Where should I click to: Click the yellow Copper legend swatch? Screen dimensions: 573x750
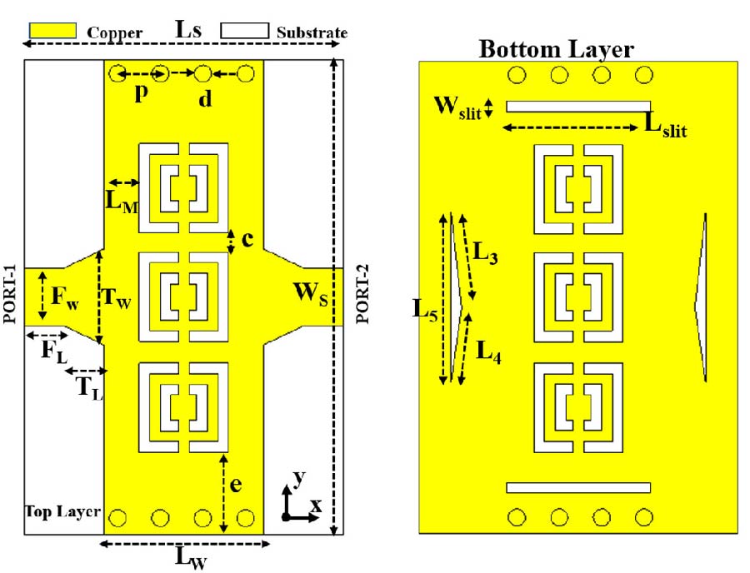pos(55,31)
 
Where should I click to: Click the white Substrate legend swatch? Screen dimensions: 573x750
pos(244,31)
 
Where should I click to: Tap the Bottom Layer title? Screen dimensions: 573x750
pos(556,49)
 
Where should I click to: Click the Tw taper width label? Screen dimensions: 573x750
pos(116,297)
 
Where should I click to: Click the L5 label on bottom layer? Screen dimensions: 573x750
pos(426,308)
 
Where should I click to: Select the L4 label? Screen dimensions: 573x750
pos(488,350)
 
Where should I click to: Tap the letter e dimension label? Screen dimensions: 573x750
pos(236,485)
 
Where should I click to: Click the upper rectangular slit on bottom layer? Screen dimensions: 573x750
pos(578,106)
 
